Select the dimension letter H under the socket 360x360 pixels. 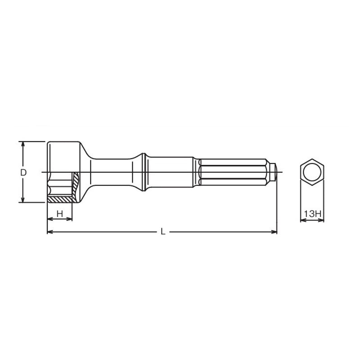pos(59,213)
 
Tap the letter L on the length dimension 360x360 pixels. pos(163,232)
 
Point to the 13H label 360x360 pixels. pos(312,214)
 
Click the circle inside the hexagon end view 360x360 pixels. pos(312,172)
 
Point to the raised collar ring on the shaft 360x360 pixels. pos(144,172)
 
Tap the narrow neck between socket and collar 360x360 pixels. pos(112,172)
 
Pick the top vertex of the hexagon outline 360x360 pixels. pos(312,158)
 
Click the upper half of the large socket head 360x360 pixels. pos(63,155)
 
